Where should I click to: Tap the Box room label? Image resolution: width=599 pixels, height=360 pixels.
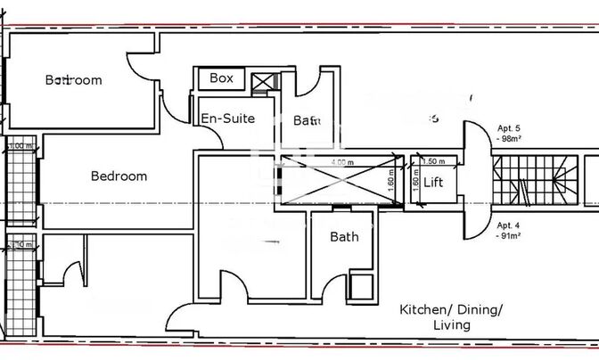[221, 78]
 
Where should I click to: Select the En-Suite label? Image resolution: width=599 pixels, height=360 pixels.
[227, 119]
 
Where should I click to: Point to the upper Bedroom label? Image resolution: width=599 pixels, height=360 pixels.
[73, 80]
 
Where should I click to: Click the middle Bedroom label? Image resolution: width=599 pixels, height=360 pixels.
[119, 176]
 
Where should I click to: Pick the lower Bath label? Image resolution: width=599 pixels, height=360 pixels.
[344, 237]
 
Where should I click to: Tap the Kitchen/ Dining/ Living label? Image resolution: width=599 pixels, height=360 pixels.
[451, 317]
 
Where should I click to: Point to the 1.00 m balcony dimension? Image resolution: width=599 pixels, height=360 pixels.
[20, 145]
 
